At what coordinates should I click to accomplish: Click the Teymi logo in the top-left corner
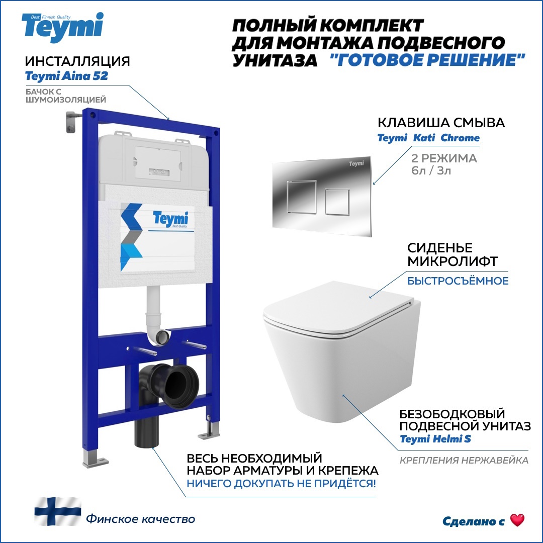62,26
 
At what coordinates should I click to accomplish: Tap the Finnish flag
57,511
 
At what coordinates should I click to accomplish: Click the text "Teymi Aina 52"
66,76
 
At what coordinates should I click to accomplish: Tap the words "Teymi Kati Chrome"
428,138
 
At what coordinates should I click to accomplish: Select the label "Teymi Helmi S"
435,439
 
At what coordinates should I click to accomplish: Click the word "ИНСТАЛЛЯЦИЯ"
77,61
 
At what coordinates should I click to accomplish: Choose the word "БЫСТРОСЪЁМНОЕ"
458,281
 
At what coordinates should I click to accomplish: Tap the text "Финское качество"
140,519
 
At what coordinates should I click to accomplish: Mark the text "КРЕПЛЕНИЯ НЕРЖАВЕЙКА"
464,460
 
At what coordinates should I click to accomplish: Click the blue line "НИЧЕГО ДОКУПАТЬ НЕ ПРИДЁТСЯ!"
281,484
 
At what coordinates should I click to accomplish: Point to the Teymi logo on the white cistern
170,219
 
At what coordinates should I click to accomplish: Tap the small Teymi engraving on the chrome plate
355,164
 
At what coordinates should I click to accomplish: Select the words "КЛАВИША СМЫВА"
441,123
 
